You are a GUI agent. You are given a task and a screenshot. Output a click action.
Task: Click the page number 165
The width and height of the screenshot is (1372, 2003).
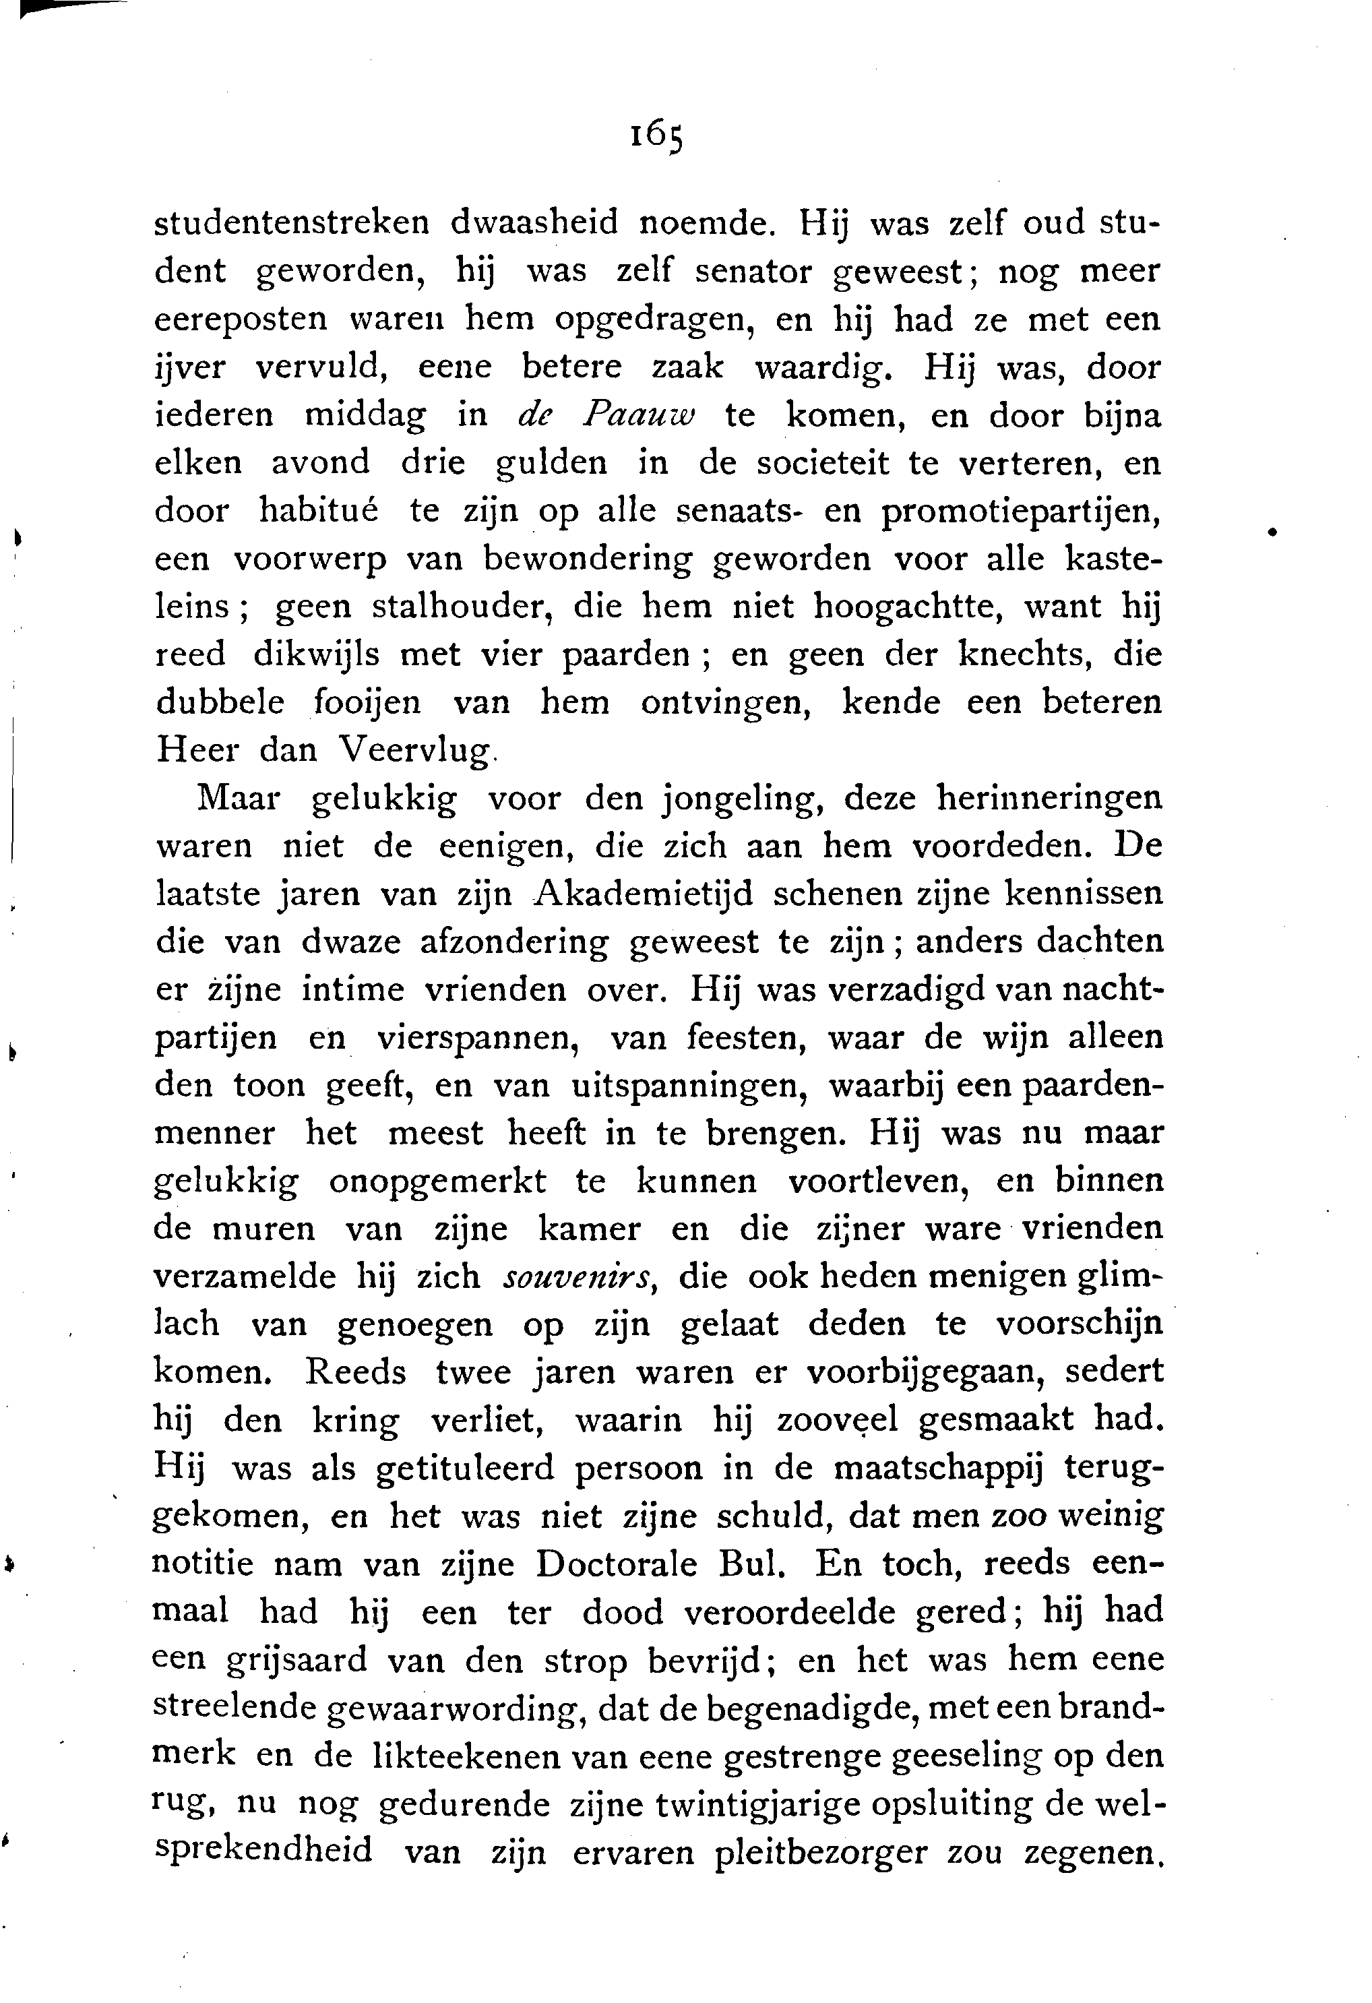pos(657,135)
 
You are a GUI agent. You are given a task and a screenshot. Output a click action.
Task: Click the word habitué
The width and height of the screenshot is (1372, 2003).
pos(319,511)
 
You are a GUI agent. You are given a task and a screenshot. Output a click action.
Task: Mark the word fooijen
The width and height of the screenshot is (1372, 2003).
pos(367,704)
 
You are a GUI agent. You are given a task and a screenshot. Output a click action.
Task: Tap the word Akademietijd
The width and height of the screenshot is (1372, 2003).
pos(642,894)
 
